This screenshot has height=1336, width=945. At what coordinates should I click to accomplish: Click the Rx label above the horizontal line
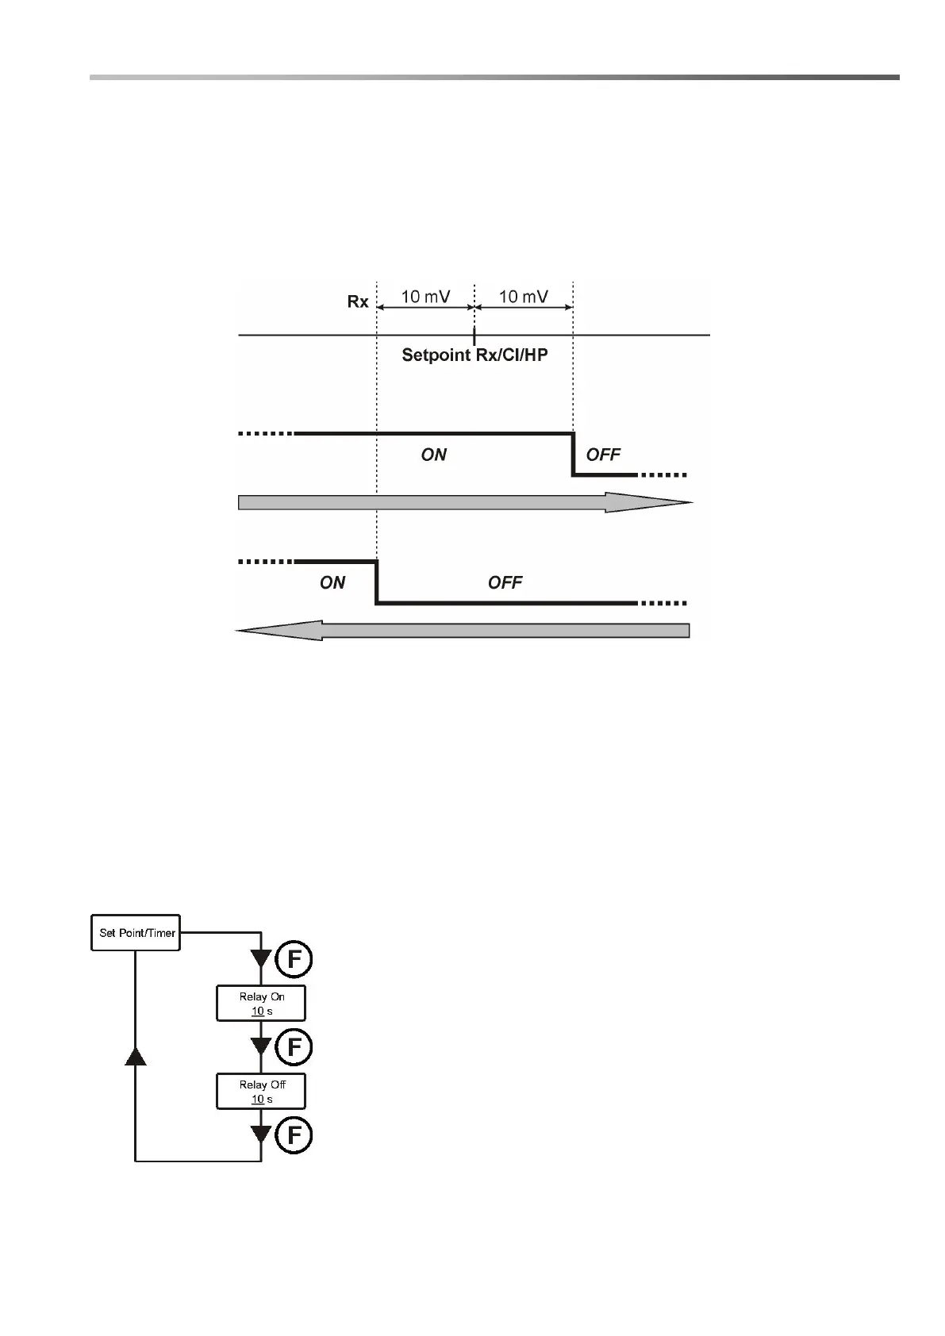pos(358,301)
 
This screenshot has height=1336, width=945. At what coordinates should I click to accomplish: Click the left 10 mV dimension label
pos(425,297)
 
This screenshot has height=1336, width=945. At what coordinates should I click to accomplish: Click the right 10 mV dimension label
pos(523,297)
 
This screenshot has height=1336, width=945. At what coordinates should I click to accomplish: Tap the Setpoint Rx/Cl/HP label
pos(474,355)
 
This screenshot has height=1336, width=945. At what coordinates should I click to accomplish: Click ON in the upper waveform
pos(433,455)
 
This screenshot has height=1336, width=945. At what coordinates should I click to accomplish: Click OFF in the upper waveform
pos(603,455)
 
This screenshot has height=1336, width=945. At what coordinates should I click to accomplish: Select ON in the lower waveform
pos(332,583)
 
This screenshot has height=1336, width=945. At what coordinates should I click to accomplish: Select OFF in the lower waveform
pos(505,583)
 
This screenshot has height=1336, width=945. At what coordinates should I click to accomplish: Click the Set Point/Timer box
pos(136,933)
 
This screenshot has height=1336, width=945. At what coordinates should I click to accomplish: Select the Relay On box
pos(261,1004)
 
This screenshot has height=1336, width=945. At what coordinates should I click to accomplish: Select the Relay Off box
pos(261,1092)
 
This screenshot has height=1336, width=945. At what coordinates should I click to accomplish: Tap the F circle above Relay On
pos(294,960)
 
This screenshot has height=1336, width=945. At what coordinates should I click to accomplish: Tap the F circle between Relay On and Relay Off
pos(294,1048)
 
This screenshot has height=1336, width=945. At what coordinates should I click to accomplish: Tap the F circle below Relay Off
pos(294,1136)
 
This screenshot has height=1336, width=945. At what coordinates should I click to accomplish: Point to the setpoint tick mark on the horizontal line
pos(474,335)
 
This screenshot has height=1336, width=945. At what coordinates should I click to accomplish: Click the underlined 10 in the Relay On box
pos(258,1012)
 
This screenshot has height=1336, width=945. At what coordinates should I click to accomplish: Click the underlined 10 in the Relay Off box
pos(258,1100)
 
